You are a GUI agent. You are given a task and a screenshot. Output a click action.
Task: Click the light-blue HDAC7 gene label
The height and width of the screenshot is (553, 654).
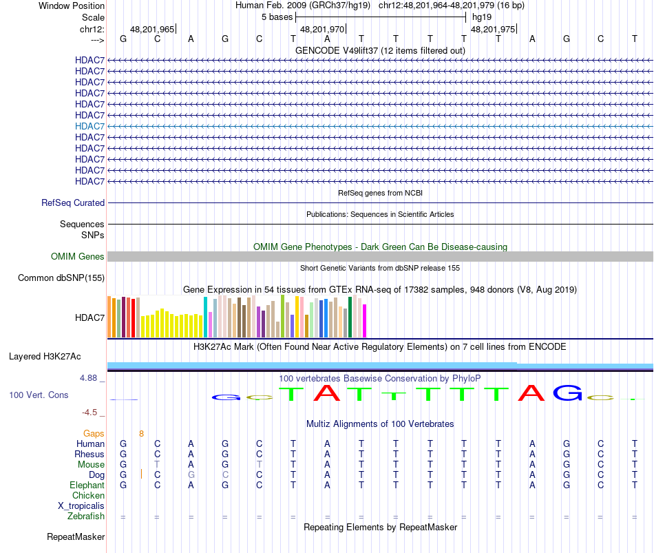click(x=89, y=126)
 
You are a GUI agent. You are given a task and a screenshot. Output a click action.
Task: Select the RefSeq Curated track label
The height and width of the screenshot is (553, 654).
click(x=73, y=203)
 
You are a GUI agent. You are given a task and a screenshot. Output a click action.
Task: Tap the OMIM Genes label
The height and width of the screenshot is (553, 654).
click(x=78, y=256)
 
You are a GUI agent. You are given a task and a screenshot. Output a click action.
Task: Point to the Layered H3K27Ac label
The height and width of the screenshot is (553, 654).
click(x=45, y=357)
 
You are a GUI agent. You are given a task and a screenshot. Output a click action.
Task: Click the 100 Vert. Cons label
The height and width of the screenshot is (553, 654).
click(x=39, y=395)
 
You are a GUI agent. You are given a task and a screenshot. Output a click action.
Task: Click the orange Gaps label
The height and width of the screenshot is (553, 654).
click(x=94, y=434)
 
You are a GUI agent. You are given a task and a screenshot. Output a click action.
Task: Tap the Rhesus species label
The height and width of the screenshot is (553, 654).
click(x=89, y=455)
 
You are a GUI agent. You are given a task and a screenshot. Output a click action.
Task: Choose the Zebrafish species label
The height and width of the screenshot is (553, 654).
click(x=86, y=517)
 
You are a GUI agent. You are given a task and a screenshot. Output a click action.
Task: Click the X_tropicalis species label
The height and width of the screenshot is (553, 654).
click(x=81, y=506)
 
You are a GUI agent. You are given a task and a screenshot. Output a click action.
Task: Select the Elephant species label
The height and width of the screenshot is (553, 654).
click(x=87, y=486)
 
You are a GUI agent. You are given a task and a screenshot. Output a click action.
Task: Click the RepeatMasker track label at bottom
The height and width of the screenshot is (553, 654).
click(x=76, y=536)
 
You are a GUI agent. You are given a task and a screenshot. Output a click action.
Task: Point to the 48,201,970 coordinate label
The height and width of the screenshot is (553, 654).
click(x=322, y=30)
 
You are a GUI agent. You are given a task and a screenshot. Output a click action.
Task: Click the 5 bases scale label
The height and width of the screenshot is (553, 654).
click(x=277, y=17)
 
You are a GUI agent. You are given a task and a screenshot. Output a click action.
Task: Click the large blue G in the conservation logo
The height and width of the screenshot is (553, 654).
click(x=568, y=393)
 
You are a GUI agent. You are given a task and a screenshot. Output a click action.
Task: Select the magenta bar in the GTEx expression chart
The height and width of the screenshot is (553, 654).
click(x=365, y=321)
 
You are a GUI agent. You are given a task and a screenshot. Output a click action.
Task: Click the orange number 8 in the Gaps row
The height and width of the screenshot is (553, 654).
click(x=141, y=434)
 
